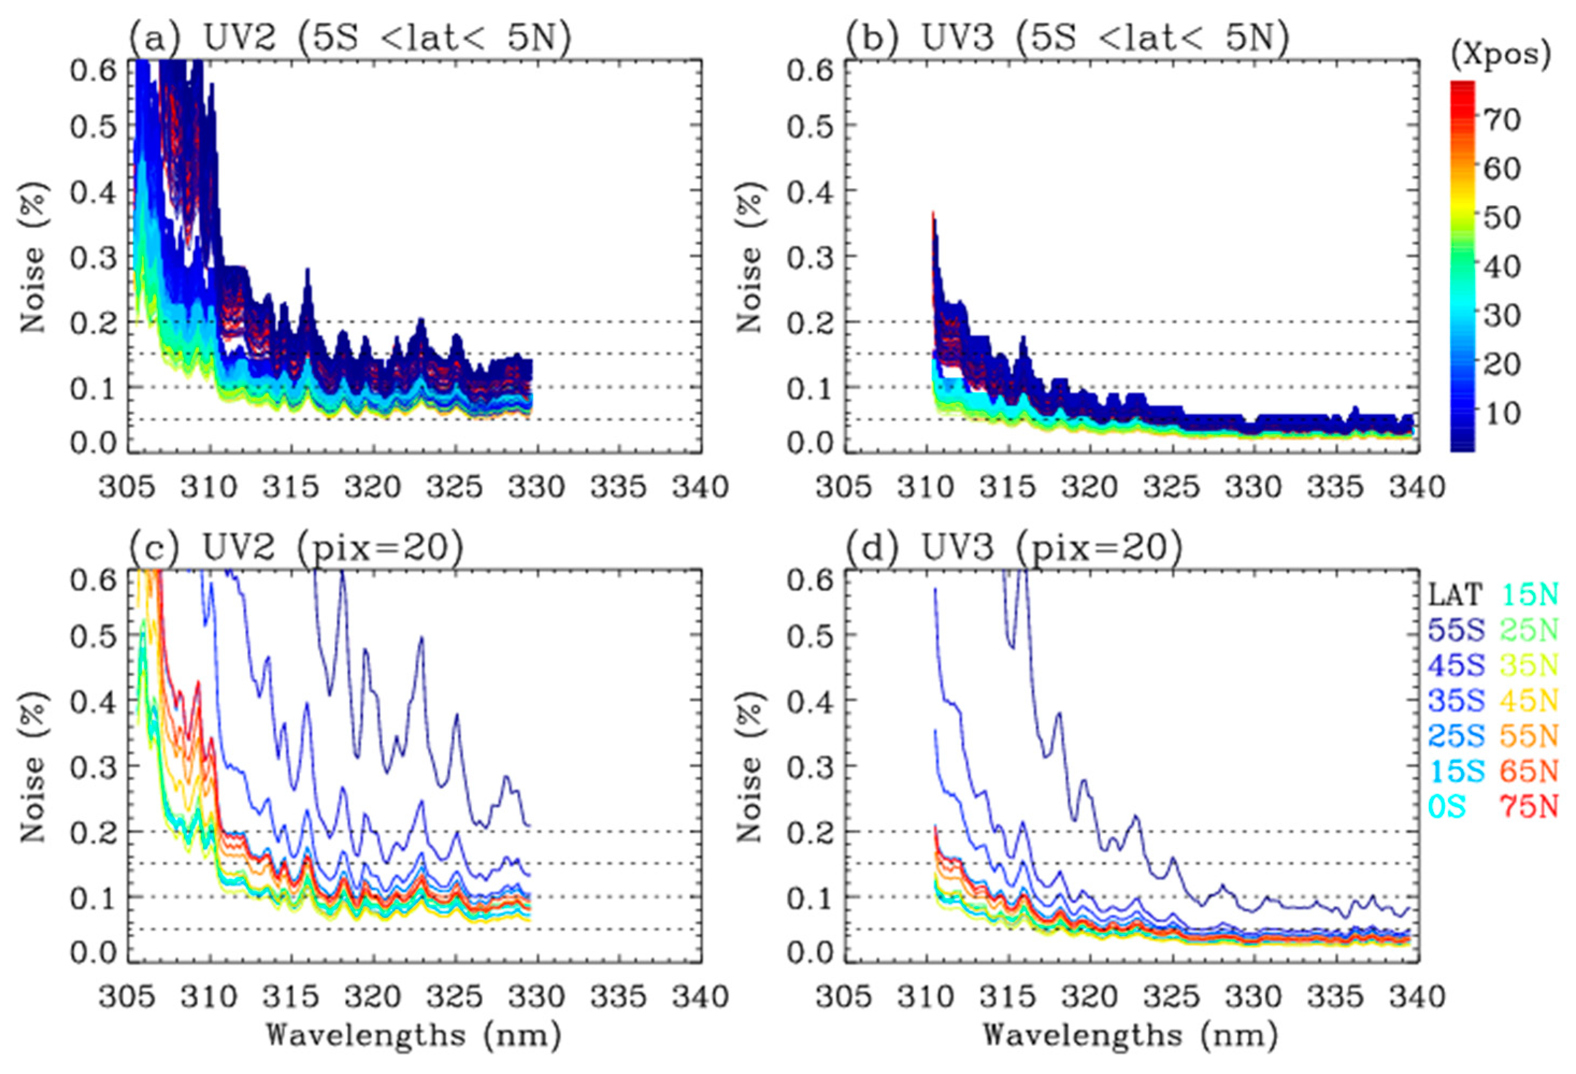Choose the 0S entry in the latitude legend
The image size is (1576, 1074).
tap(1447, 806)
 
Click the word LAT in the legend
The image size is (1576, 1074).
tap(1454, 595)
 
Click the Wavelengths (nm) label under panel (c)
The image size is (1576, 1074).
tap(414, 1036)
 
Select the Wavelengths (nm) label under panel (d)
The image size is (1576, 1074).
tap(1131, 1036)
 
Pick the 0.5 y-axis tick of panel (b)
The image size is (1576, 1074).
tap(809, 127)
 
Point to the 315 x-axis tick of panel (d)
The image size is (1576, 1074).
tap(1009, 996)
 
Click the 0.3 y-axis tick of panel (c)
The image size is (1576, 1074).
tap(92, 767)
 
